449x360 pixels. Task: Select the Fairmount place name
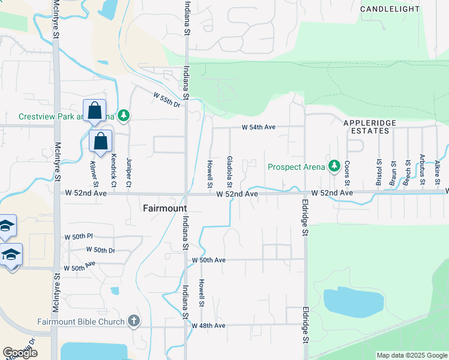point(164,208)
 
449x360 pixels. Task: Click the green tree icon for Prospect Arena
point(334,166)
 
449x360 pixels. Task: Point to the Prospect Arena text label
point(297,167)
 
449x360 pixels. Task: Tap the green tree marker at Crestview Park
point(124,115)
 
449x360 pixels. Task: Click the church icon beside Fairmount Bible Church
point(133,321)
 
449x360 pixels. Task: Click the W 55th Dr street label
point(167,100)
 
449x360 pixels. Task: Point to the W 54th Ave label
point(258,127)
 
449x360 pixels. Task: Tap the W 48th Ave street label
point(208,325)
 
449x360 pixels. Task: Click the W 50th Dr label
point(100,249)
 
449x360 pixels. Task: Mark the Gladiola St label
point(230,171)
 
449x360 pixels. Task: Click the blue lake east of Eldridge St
point(352,302)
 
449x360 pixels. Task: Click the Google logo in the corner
point(20,353)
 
